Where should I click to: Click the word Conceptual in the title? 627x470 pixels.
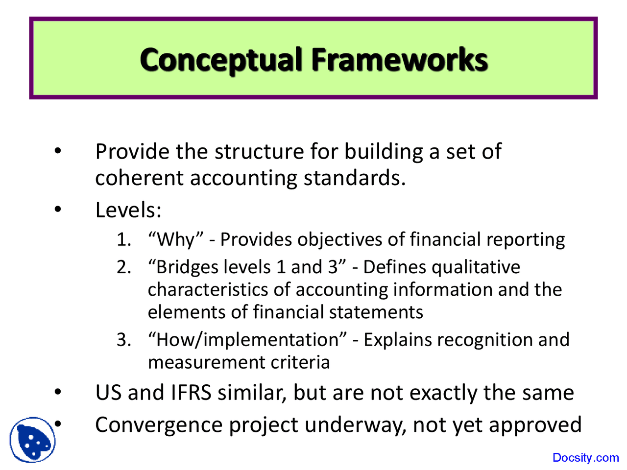220,60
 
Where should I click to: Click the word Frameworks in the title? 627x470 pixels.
399,60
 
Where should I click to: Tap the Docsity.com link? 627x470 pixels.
585,458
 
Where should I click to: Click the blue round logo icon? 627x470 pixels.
32,440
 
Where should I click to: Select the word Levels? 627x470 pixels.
128,210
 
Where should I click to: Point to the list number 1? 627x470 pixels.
123,239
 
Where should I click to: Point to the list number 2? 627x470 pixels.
123,267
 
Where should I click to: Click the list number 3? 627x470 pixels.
123,339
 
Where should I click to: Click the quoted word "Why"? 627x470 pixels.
176,239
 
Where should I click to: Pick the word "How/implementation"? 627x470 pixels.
248,339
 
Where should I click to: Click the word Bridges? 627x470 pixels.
184,267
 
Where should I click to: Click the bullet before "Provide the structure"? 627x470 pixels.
58,151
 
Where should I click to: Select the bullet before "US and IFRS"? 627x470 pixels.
58,392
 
